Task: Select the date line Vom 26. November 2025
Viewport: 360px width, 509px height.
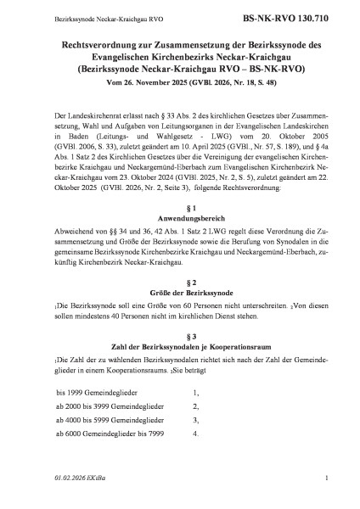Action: tap(180, 87)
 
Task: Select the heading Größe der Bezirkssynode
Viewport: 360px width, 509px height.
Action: tap(179, 292)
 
